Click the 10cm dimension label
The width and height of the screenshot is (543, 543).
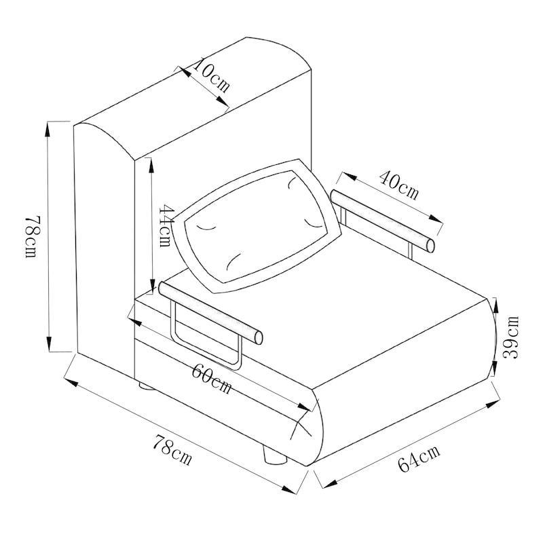(210, 76)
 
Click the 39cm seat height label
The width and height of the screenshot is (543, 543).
(511, 337)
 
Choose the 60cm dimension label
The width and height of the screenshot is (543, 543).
(211, 379)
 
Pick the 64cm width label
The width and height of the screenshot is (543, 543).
(419, 457)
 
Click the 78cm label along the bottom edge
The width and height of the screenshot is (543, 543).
(172, 450)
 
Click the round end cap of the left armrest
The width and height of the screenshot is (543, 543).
(259, 338)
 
